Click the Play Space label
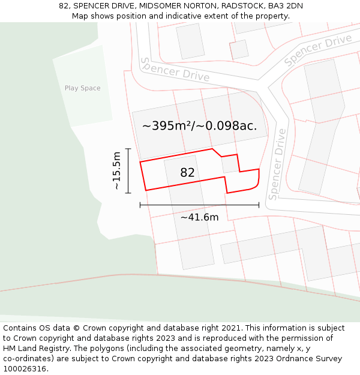coord(82,88)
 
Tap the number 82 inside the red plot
coord(187,173)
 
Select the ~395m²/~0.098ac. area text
coord(199,126)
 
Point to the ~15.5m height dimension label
coord(116,171)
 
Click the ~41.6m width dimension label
coord(199,217)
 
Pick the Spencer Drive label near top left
coord(175,70)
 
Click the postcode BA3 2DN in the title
coord(285,6)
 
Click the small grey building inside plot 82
coord(230,164)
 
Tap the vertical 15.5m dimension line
coord(128,170)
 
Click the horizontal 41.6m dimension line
coord(199,205)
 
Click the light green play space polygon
coord(84,105)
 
